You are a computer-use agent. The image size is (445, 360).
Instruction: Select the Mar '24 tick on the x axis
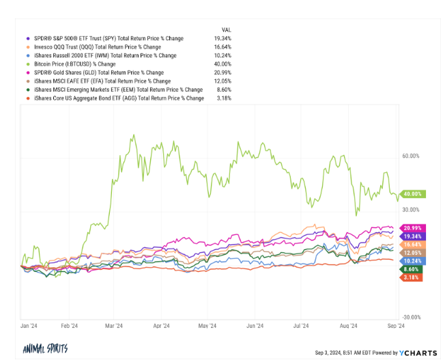pyautogui.click(x=113, y=326)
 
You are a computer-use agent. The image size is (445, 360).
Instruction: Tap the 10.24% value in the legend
pyautogui.click(x=222, y=55)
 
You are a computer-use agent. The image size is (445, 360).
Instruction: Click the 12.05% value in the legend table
pyautogui.click(x=222, y=81)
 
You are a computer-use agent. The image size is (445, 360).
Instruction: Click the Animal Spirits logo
pyautogui.click(x=45, y=348)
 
